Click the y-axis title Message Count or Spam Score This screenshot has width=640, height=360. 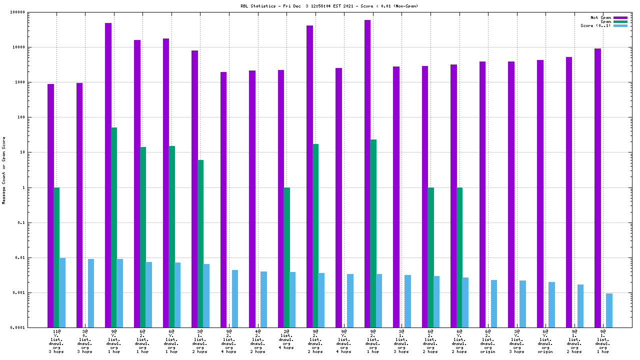click(4, 170)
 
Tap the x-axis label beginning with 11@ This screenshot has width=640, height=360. click(56, 341)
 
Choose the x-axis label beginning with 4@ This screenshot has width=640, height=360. click(258, 341)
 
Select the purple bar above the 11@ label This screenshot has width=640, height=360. click(50, 205)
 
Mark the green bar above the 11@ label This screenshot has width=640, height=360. click(56, 257)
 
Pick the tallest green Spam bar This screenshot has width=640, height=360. click(114, 227)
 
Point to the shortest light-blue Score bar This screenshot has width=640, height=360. click(609, 310)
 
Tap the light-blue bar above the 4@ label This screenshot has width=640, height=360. click(263, 299)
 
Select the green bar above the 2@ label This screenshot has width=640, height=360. click(286, 257)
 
